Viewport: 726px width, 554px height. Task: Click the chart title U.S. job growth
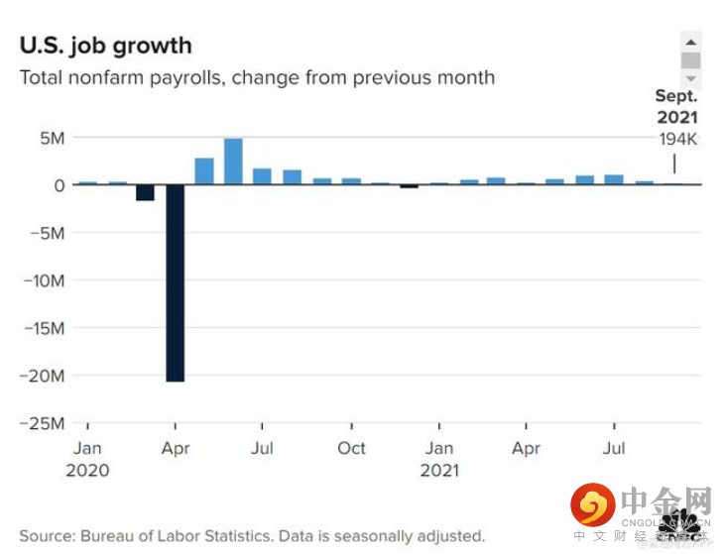click(106, 46)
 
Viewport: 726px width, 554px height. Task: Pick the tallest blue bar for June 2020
click(233, 162)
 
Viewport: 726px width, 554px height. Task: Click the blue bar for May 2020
click(204, 171)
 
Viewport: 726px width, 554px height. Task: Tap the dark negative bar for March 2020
click(146, 192)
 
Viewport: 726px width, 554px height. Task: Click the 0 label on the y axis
click(59, 185)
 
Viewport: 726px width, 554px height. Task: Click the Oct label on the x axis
click(351, 448)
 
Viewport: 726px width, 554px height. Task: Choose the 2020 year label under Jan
click(87, 471)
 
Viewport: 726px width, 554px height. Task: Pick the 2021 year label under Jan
click(439, 471)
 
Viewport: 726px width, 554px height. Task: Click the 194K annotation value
click(677, 139)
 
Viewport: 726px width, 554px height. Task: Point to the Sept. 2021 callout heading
click(676, 107)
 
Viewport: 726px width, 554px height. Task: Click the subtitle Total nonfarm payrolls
click(257, 77)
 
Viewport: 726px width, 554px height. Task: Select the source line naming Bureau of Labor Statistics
click(252, 536)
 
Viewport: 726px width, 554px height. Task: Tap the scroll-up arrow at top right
click(690, 40)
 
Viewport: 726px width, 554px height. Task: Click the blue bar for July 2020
click(262, 176)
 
